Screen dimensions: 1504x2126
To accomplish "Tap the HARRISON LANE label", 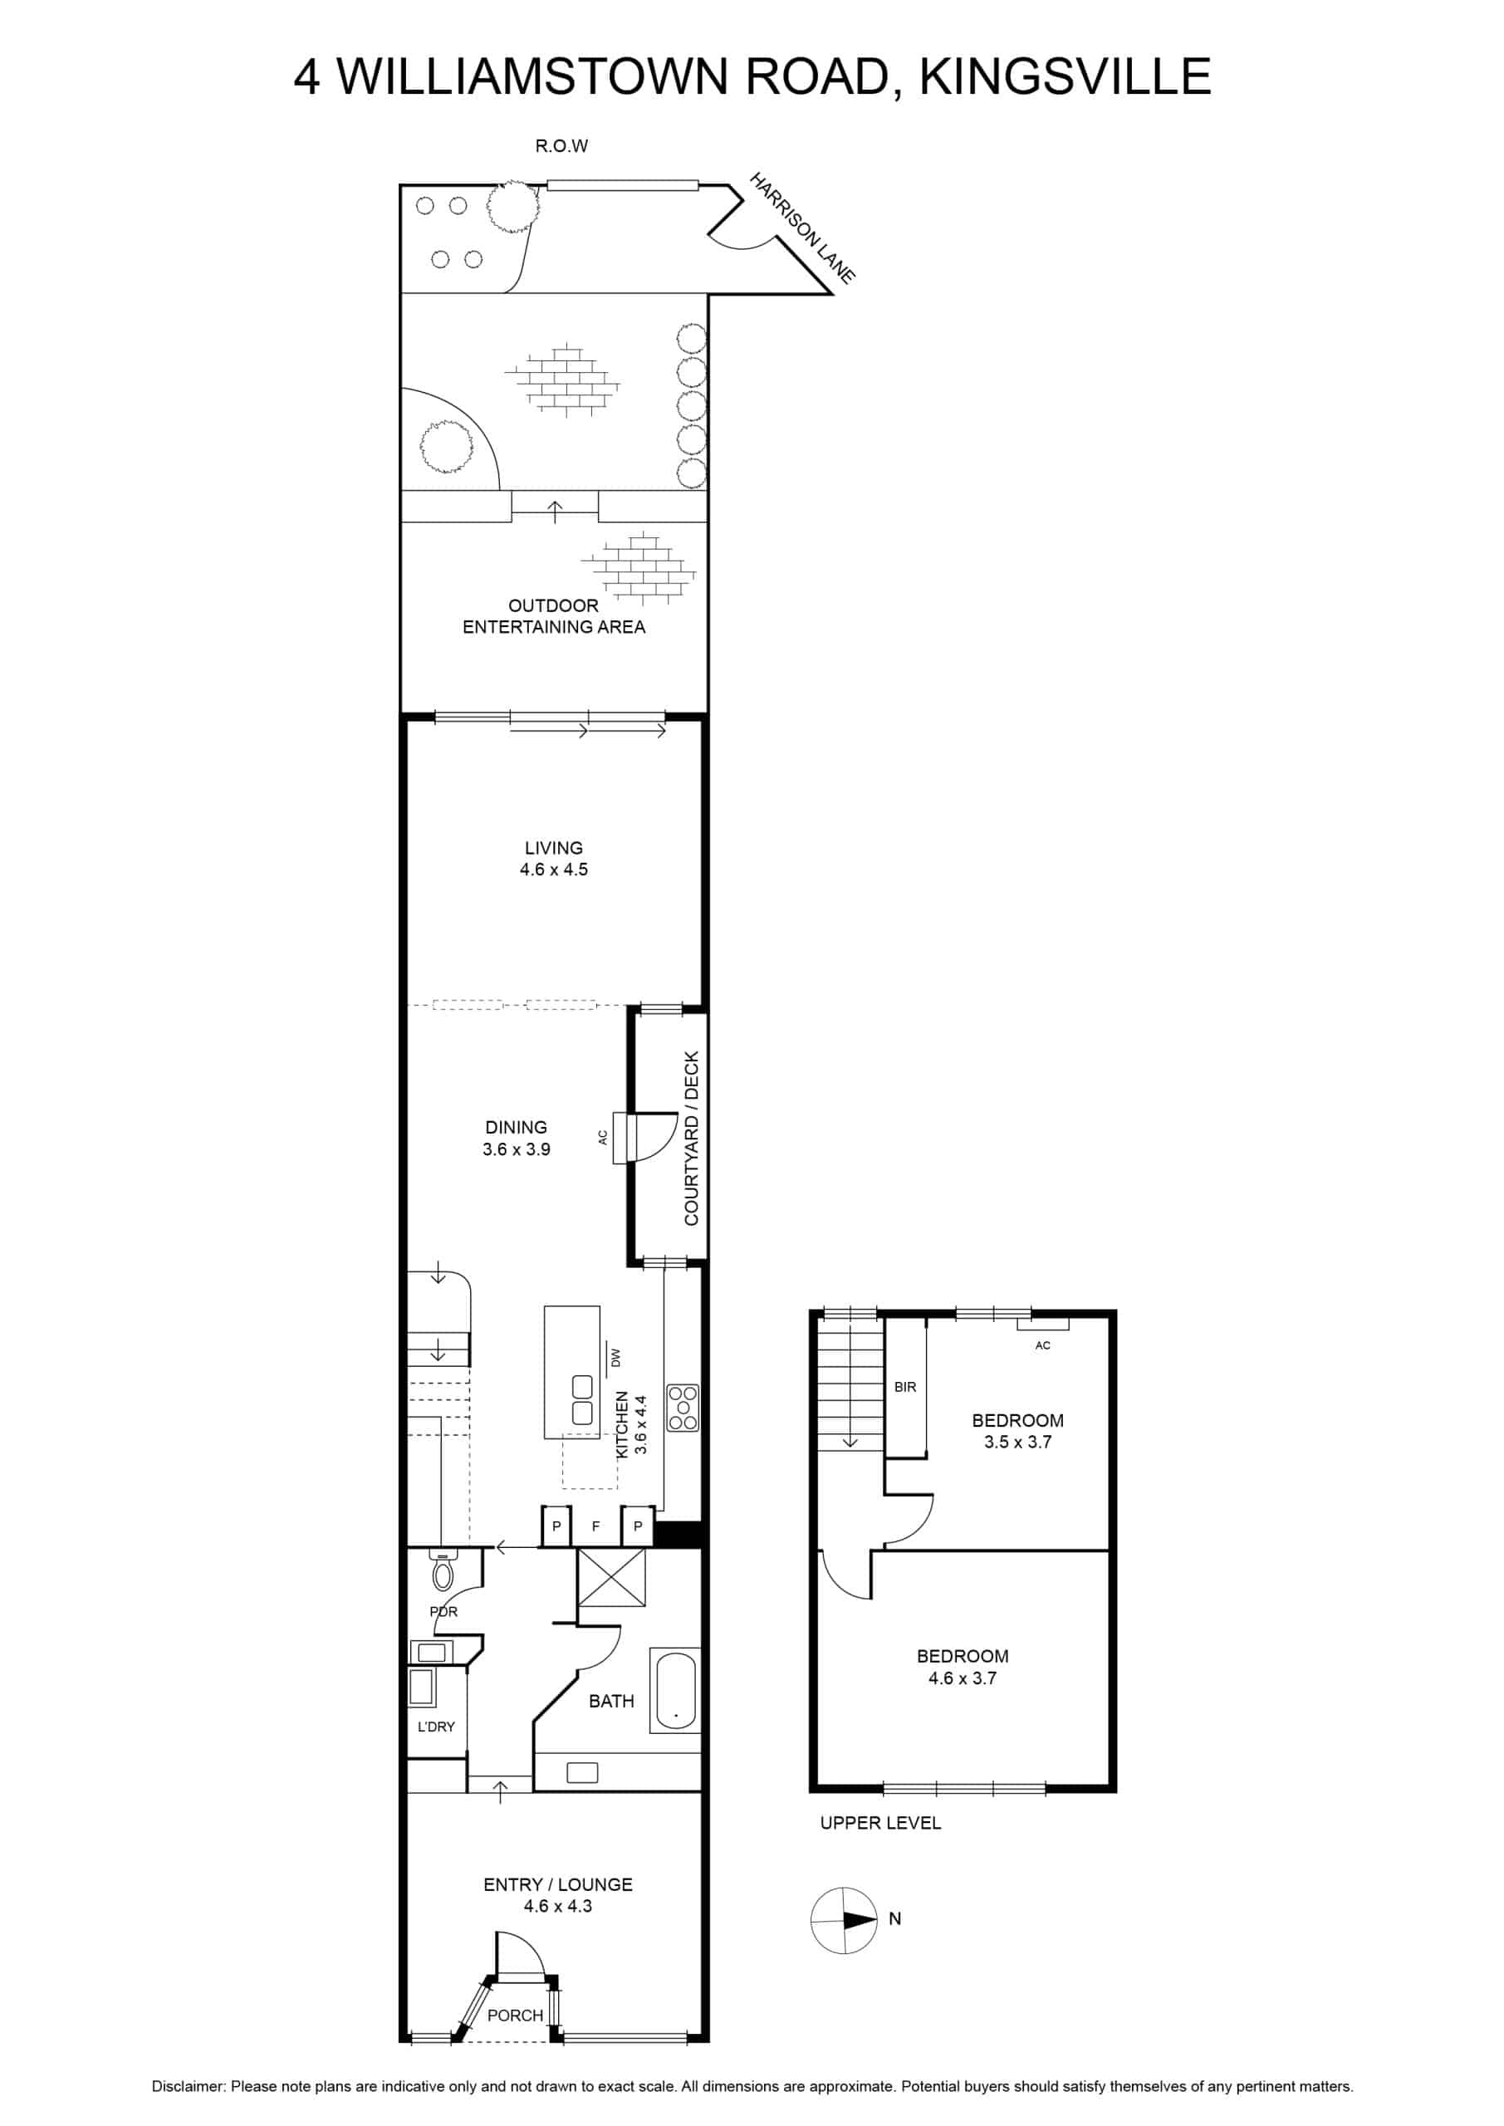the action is coord(802,227).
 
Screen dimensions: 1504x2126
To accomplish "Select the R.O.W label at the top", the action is coord(561,146).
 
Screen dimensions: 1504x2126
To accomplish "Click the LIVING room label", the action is coord(554,847).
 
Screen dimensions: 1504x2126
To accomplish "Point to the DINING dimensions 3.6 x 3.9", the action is coord(517,1149).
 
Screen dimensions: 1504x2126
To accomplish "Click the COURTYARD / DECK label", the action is coord(691,1138).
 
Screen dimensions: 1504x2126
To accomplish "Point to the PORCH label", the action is coord(516,2015).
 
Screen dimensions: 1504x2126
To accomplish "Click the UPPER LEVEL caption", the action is coord(881,1822).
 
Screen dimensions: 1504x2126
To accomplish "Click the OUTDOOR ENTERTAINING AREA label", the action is coord(554,615).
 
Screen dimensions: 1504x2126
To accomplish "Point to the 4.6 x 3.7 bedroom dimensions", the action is coord(963,1678).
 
